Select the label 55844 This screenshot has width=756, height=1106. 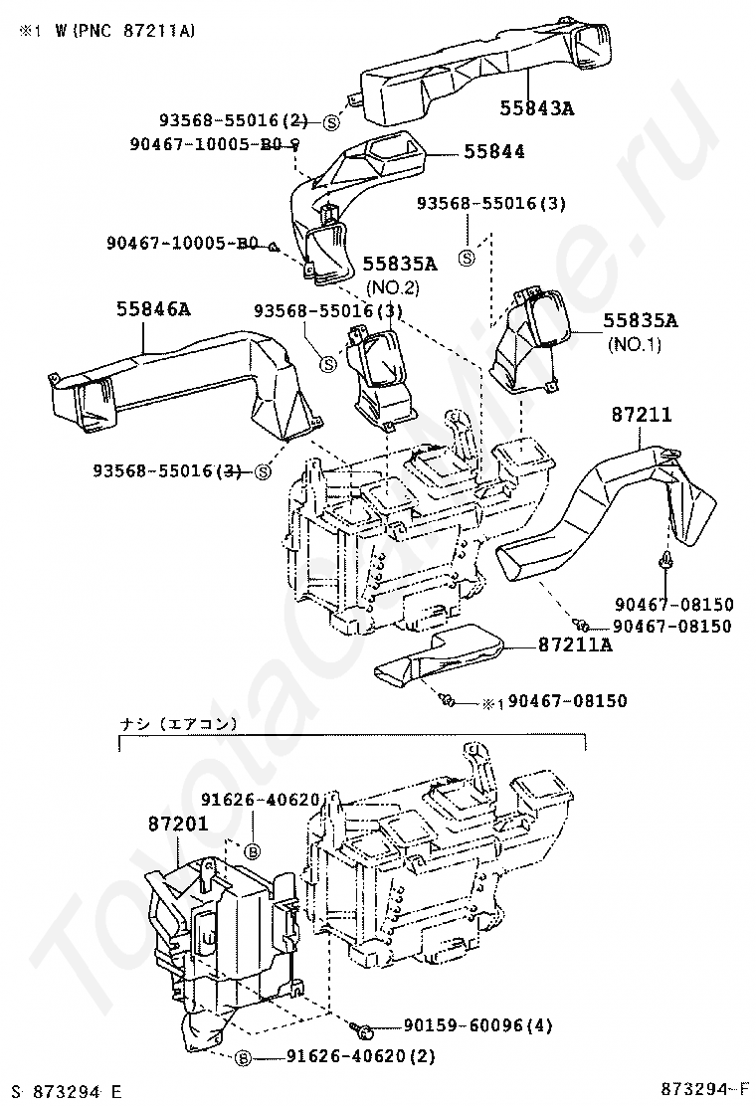[494, 151]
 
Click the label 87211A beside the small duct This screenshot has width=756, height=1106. [575, 645]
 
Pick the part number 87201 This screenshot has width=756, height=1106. [177, 823]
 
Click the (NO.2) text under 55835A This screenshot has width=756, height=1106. [394, 287]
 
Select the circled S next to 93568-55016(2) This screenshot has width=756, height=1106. [330, 122]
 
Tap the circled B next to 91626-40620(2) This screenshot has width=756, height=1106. [242, 1058]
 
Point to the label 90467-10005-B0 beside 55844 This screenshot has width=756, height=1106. [207, 145]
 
